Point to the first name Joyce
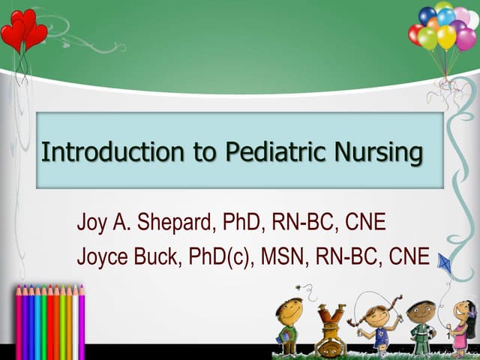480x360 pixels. pyautogui.click(x=103, y=257)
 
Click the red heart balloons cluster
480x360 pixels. pyautogui.click(x=22, y=30)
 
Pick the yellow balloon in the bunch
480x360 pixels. pyautogui.click(x=445, y=36)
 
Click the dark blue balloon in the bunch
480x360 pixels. pyautogui.click(x=427, y=16)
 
